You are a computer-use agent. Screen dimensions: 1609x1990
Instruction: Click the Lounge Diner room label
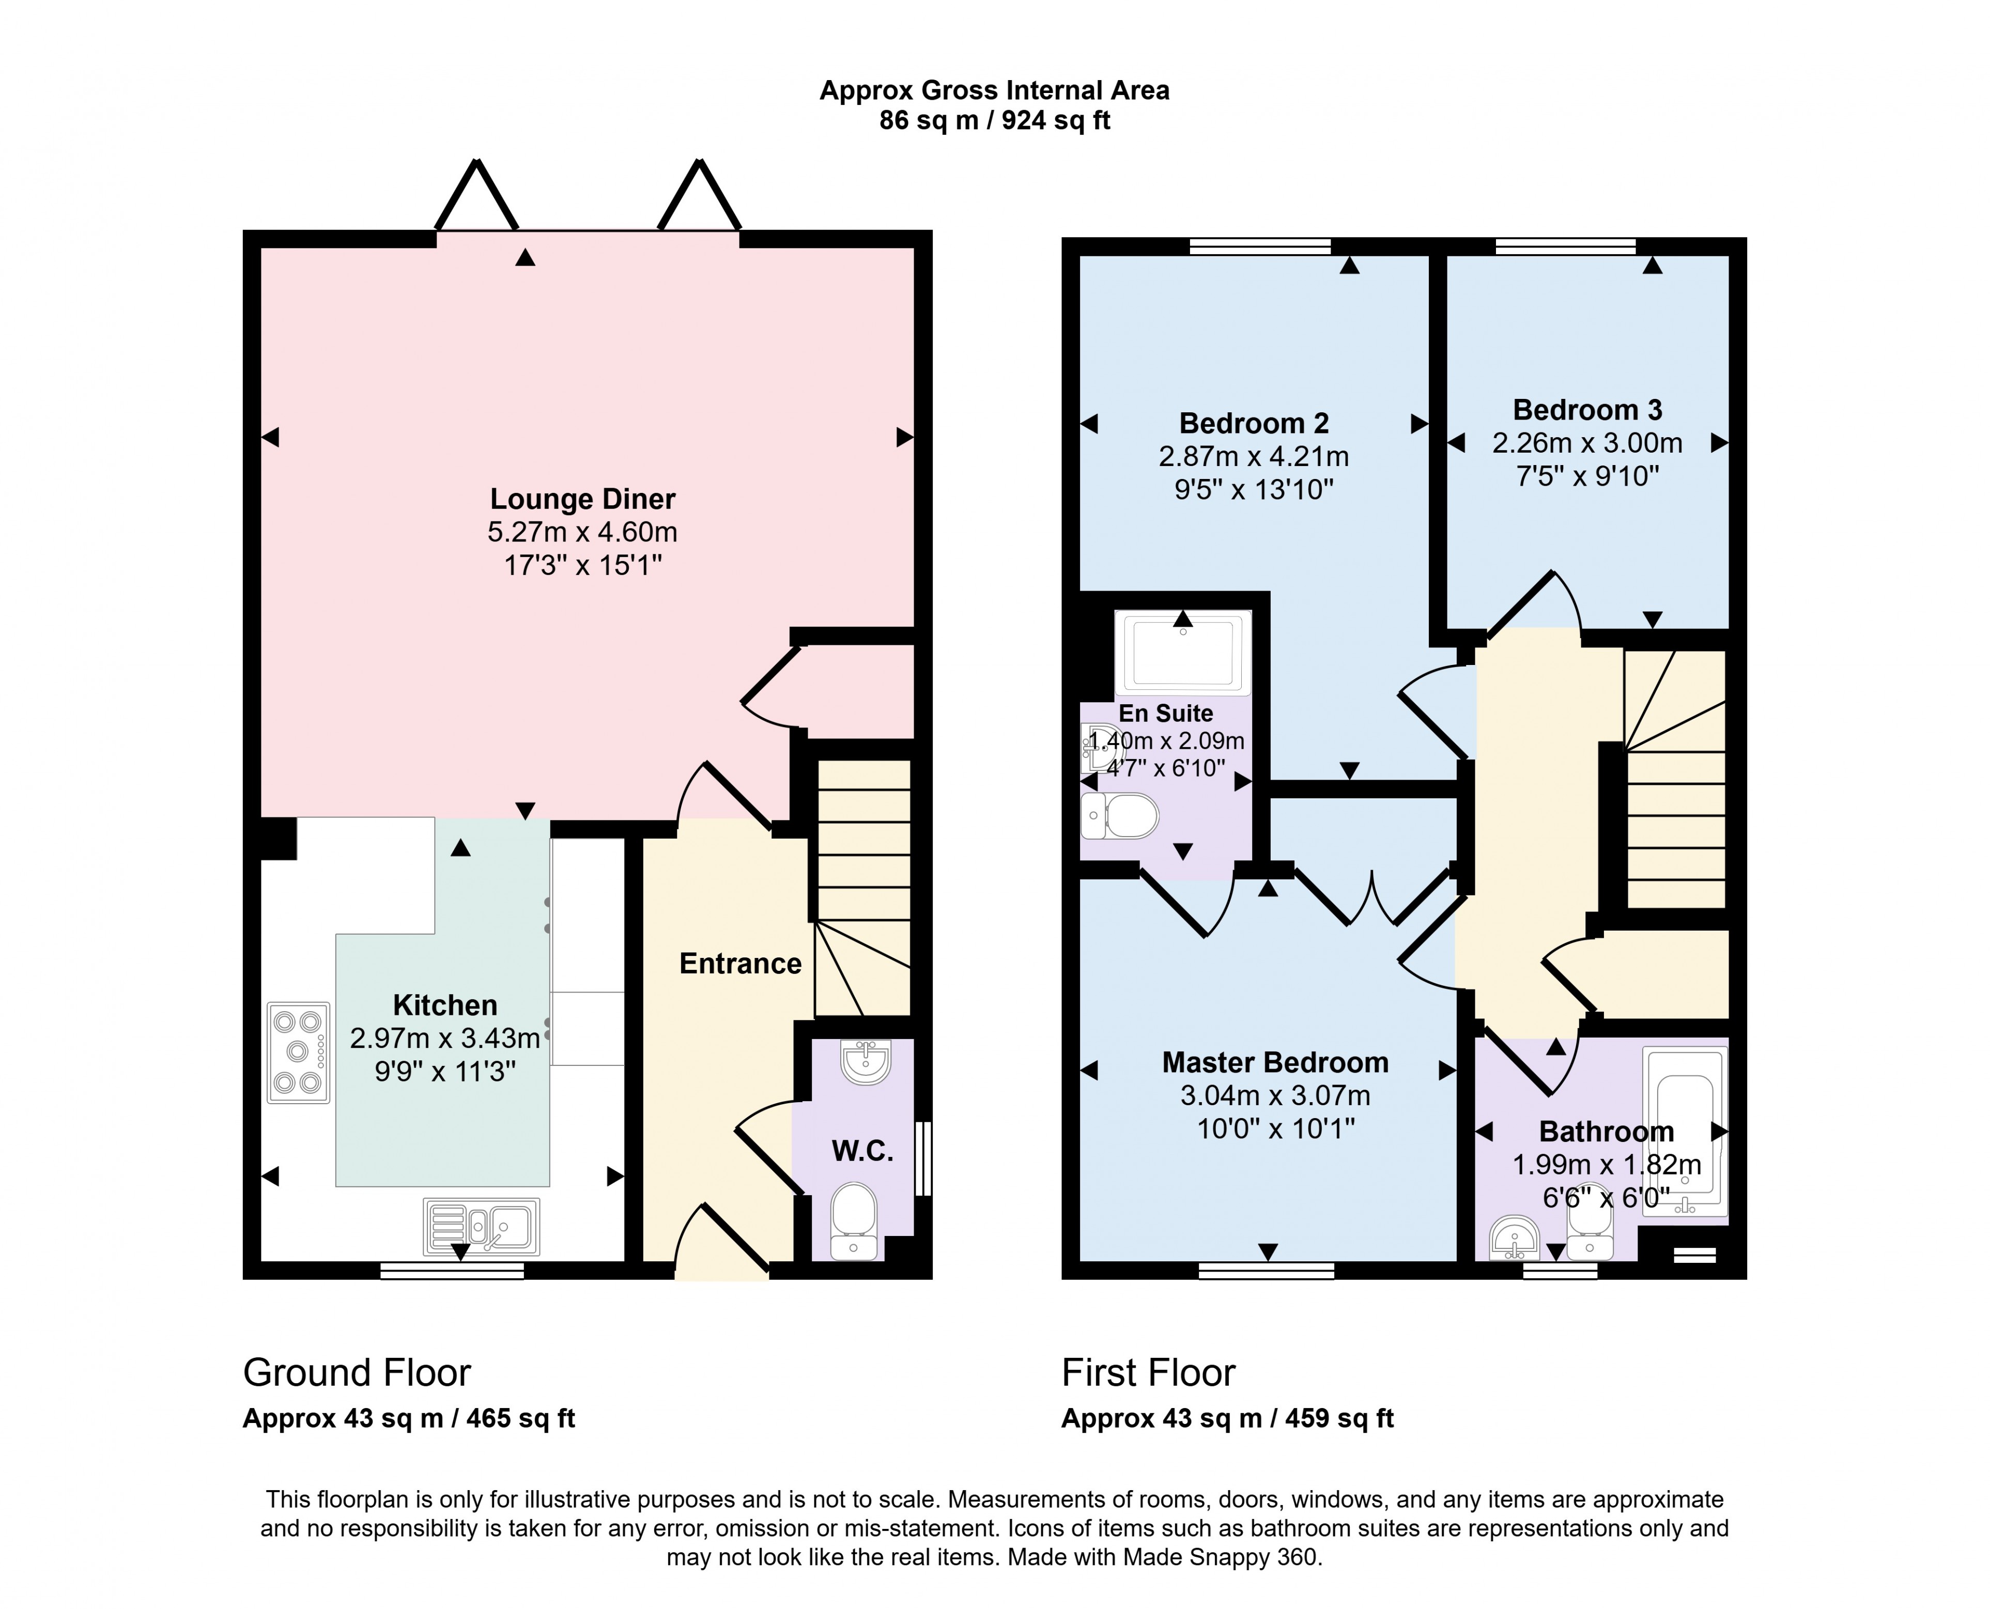tap(582, 500)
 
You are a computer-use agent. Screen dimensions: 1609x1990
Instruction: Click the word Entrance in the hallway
tap(739, 964)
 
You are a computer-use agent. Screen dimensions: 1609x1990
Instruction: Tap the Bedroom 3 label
tap(1587, 410)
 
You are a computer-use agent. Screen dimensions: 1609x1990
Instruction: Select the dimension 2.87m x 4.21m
tap(1253, 457)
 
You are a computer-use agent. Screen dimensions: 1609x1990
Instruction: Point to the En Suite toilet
tap(1121, 816)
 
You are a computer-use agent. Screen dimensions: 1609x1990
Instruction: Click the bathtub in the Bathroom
tap(1684, 1131)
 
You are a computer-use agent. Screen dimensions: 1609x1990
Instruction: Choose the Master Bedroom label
tap(1275, 1062)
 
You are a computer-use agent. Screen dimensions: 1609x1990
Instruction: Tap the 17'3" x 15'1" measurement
tap(582, 565)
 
